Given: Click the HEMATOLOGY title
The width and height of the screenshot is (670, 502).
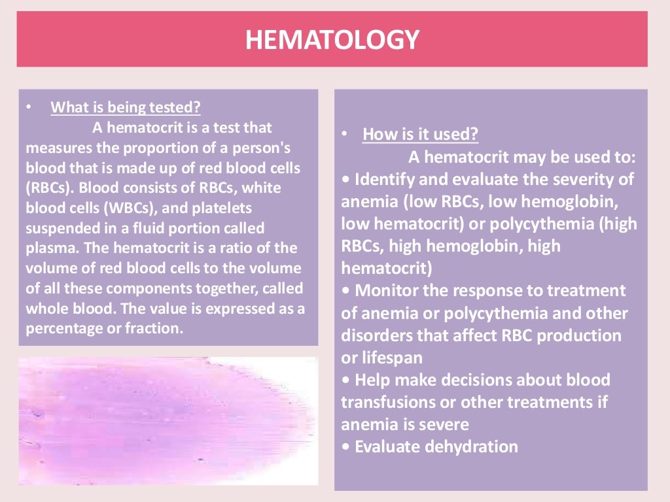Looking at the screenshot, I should coord(332,40).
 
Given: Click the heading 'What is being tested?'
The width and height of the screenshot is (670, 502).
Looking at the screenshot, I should coord(126,107).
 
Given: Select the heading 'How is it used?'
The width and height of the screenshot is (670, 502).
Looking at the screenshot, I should coord(420,135).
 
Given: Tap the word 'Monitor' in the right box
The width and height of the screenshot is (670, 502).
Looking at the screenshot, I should coord(383,290).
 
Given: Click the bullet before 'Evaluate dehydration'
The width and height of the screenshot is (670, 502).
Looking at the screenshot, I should coord(345,447).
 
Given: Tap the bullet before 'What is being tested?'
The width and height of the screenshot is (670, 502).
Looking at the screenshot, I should coord(28,107).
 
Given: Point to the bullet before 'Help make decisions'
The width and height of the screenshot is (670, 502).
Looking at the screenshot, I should coord(345,380).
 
